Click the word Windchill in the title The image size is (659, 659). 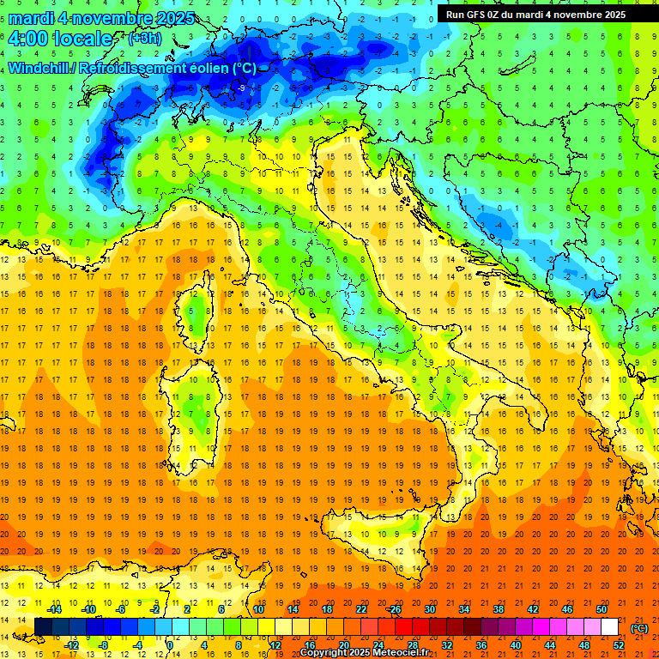(39, 68)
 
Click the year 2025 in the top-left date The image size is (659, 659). (175, 18)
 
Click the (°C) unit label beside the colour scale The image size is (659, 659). (639, 628)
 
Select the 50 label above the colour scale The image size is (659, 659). (602, 609)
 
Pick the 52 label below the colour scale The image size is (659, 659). (619, 645)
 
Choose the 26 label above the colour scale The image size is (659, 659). (395, 609)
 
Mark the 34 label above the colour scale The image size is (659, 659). (464, 609)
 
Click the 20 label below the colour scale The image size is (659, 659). (343, 645)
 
